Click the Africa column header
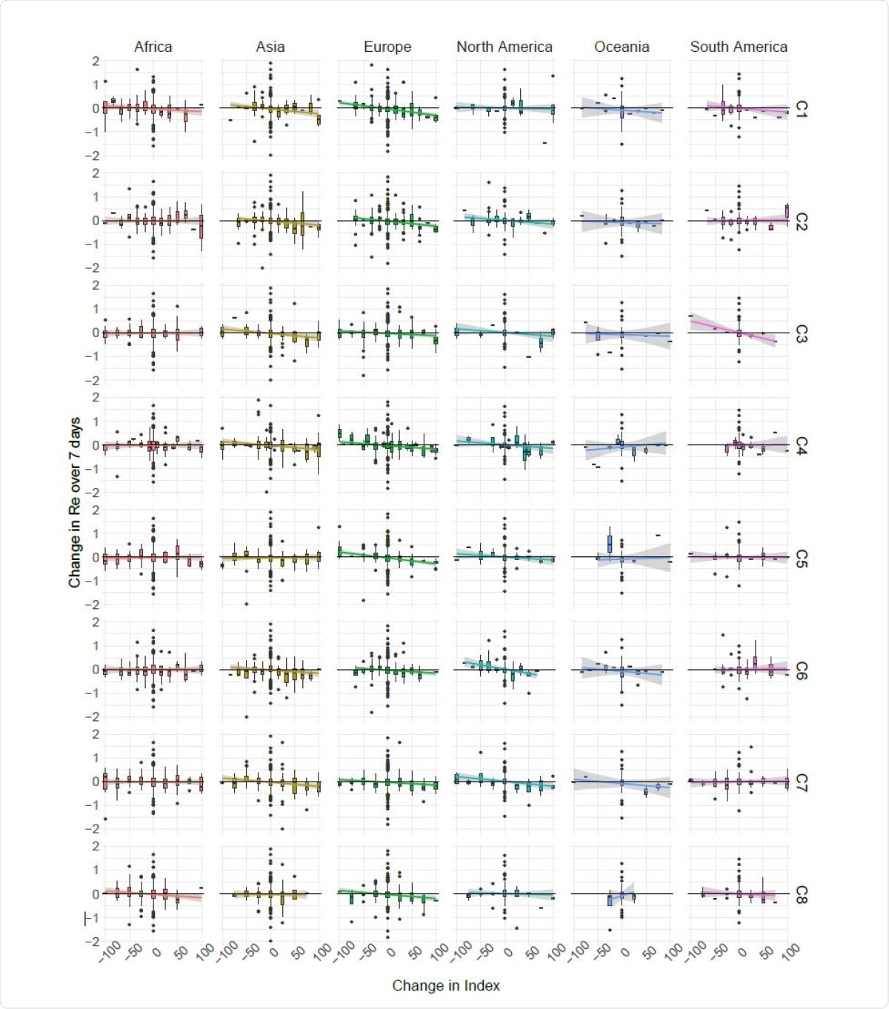pos(153,47)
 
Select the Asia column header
pos(270,47)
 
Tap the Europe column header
pos(387,47)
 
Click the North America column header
pos(504,47)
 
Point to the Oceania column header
pos(622,47)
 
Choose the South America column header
pos(739,47)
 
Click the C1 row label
pos(801,109)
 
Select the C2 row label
pos(801,221)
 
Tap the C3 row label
pos(801,333)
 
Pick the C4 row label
pos(801,445)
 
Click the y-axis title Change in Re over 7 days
pos(75,503)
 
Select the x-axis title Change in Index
pos(446,985)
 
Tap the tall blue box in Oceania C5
pos(610,544)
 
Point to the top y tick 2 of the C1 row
pos(96,61)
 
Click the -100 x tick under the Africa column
pos(110,951)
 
